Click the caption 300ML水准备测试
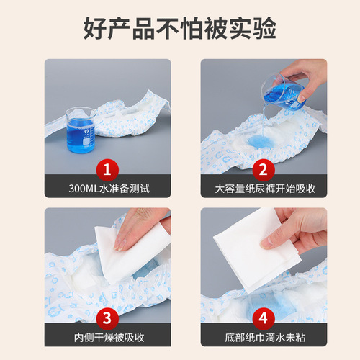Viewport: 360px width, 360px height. pos(108,189)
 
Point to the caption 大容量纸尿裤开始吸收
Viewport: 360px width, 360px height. pos(263,189)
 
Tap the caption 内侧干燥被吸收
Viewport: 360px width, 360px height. pos(108,337)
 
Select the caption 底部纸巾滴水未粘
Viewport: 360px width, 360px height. pos(263,337)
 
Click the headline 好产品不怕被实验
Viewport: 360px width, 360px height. pos(180,30)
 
